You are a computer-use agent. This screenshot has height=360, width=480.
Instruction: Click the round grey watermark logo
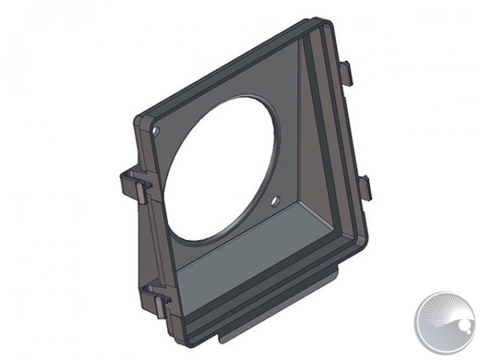click(445, 322)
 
